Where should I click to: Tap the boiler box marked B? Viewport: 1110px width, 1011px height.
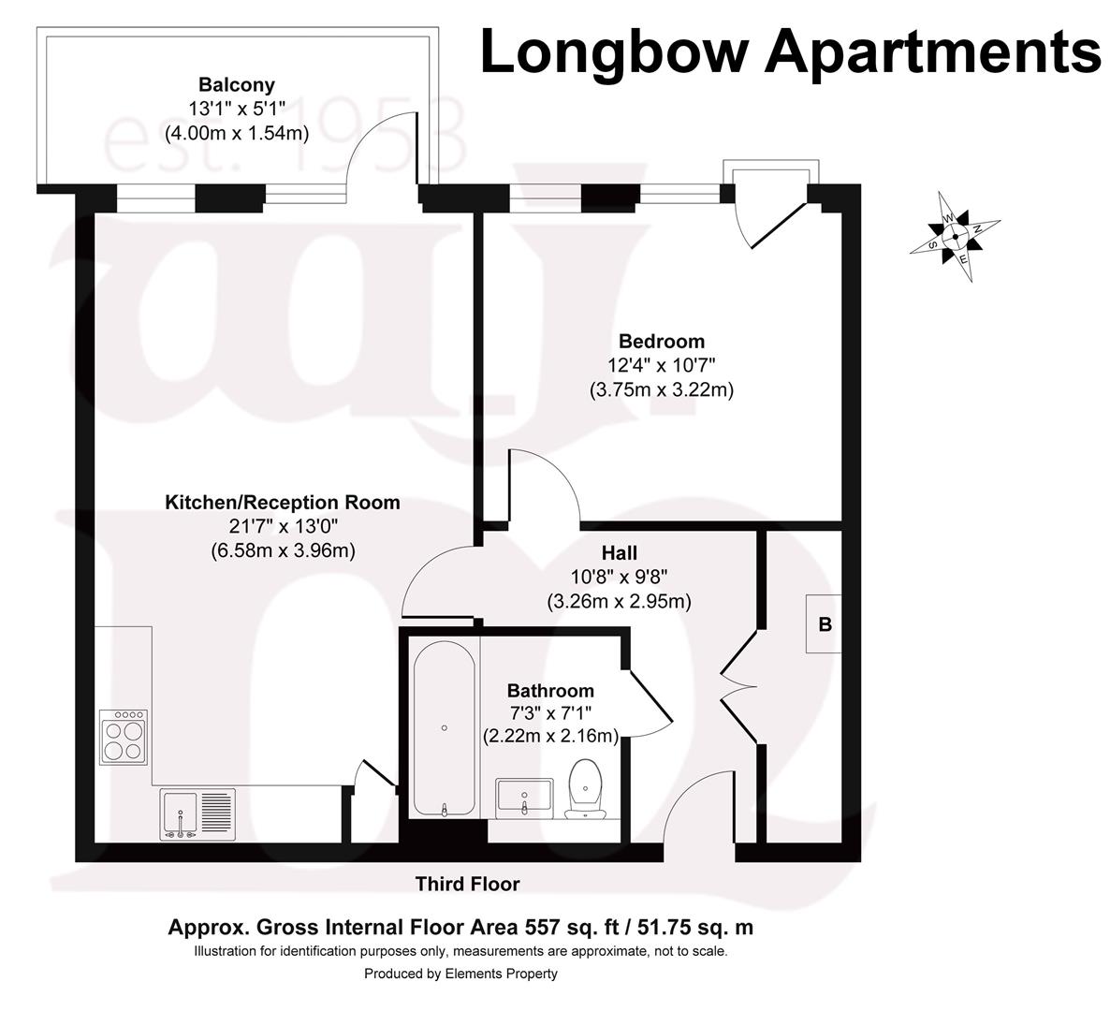pos(825,624)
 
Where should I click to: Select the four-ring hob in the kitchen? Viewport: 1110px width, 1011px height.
pos(124,739)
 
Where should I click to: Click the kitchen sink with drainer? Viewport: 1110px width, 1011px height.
pos(199,813)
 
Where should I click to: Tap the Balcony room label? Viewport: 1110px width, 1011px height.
pos(237,85)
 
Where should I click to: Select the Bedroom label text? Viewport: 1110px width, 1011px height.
pos(661,341)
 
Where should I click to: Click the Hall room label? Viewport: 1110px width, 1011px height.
pos(619,553)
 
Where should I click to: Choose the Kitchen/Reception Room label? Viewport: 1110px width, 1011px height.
pos(283,503)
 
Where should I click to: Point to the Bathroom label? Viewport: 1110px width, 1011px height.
pos(550,691)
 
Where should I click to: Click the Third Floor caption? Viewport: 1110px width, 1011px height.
pos(467,884)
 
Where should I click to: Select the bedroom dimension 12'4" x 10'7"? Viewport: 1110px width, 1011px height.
pos(661,365)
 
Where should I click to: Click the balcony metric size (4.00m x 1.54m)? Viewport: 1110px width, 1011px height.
pos(237,133)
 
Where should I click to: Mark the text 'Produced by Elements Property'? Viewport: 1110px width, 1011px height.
pos(460,974)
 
